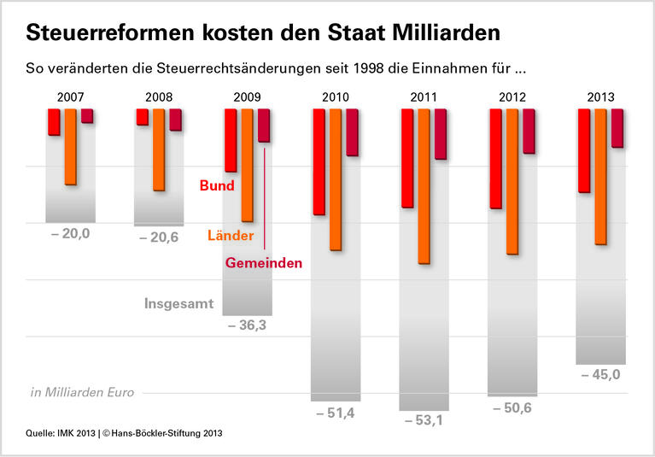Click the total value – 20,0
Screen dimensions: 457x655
pos(70,233)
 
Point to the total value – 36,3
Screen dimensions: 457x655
pos(247,325)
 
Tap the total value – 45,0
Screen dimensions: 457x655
pos(599,374)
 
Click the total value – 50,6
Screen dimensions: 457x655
pos(512,407)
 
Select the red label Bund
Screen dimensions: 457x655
pos(216,185)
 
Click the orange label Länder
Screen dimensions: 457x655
pos(231,235)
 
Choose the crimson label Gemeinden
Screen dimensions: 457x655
pos(263,264)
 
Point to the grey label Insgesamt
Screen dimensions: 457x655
pos(178,303)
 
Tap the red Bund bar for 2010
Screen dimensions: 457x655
pos(319,161)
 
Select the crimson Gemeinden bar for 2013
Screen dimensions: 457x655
pos(617,128)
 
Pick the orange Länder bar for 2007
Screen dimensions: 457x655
pos(70,147)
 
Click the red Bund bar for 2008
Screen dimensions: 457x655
pos(142,117)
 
